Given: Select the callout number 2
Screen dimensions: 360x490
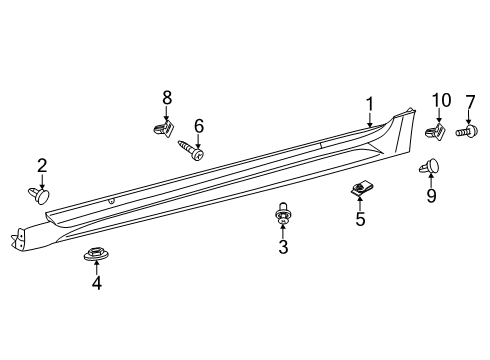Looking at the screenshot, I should (x=42, y=165).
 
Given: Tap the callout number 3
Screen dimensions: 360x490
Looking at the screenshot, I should (x=283, y=246).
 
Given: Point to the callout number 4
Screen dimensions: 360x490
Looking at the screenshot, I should (x=97, y=282).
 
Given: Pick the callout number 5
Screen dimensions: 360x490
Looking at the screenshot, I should (x=360, y=217).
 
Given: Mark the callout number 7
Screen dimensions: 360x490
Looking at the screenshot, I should (x=469, y=101).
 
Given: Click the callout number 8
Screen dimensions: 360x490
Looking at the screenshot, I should (x=167, y=97).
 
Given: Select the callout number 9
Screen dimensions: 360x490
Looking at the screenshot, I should (x=431, y=196).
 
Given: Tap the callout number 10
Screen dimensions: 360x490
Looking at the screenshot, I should (x=441, y=101).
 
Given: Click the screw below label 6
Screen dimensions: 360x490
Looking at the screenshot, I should (x=192, y=151).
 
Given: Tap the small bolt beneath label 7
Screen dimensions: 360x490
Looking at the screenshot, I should (x=465, y=130).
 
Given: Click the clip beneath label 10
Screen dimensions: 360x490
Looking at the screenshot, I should (x=437, y=130).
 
